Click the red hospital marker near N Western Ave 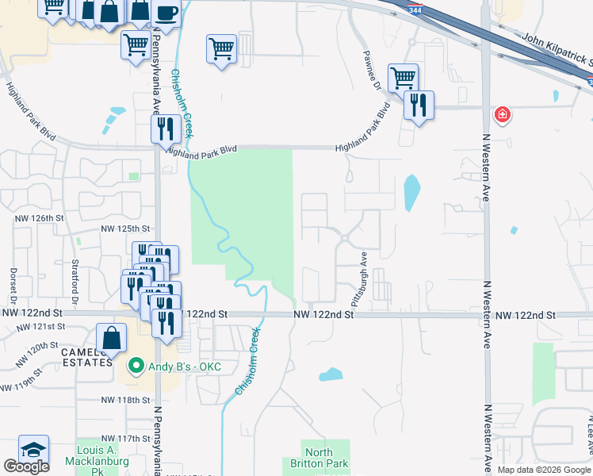pyautogui.click(x=502, y=116)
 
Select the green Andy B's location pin pyautogui.click(x=136, y=367)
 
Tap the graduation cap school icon pyautogui.click(x=33, y=449)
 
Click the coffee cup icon pyautogui.click(x=166, y=13)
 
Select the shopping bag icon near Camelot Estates pyautogui.click(x=112, y=337)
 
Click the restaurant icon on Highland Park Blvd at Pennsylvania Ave pyautogui.click(x=166, y=129)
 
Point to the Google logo pyautogui.click(x=26, y=466)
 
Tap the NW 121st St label pyautogui.click(x=44, y=327)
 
